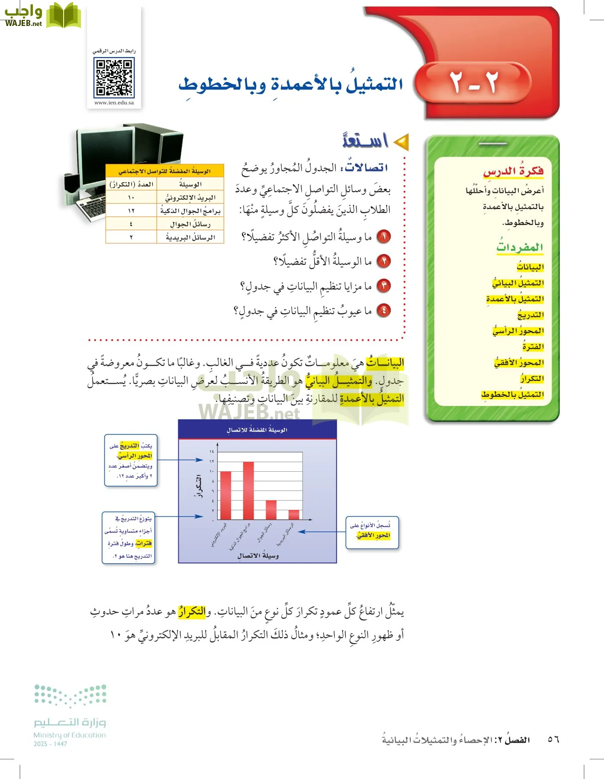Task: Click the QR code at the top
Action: (114, 78)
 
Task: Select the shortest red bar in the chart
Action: (294, 515)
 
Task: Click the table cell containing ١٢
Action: (131, 211)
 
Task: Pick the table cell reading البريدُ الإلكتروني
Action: (190, 198)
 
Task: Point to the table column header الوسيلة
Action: (190, 184)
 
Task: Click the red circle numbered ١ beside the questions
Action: (384, 236)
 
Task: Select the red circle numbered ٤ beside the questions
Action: (384, 310)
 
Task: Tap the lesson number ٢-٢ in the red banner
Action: (474, 82)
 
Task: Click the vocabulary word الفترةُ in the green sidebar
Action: (533, 347)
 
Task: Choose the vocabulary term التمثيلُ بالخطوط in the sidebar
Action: (513, 395)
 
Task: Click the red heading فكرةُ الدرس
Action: (513, 171)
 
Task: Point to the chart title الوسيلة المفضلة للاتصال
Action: (257, 430)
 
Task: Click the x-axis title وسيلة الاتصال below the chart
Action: (258, 556)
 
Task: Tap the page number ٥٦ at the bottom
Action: (553, 739)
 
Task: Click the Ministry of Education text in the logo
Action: (70, 735)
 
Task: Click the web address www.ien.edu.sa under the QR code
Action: (114, 103)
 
